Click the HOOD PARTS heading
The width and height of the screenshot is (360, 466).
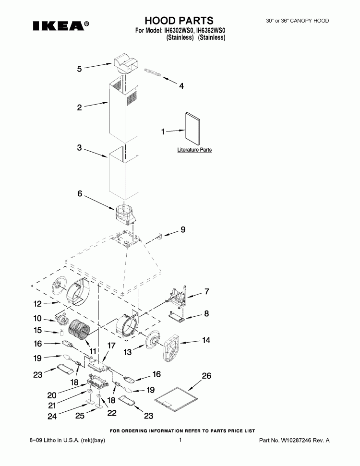click(179, 20)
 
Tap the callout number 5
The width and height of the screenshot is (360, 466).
click(80, 69)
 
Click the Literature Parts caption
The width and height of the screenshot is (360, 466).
click(194, 150)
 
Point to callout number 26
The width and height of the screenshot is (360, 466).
click(206, 376)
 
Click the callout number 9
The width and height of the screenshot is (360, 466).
click(182, 230)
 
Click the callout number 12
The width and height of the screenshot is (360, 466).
click(38, 303)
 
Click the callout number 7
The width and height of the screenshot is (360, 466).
click(206, 291)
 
